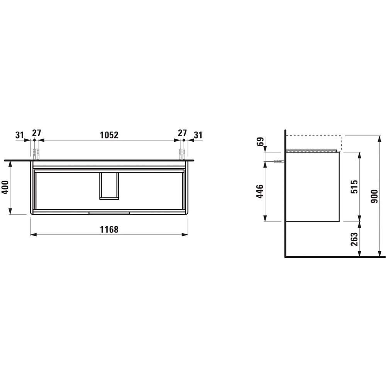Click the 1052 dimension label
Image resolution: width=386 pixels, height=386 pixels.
(x=108, y=135)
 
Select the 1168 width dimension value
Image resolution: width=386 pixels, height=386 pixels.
(x=108, y=229)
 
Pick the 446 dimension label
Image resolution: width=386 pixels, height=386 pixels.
(x=260, y=191)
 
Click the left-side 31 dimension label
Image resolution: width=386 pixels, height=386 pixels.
(x=20, y=135)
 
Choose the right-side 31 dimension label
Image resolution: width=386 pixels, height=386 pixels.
(x=198, y=135)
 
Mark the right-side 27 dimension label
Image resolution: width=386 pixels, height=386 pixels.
(x=182, y=134)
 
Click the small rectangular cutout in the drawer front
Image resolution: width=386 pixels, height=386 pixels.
(x=109, y=186)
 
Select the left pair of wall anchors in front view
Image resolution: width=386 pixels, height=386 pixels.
(x=36, y=153)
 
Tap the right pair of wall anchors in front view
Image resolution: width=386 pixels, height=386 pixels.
(x=182, y=153)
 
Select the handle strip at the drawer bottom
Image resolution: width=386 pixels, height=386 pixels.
(x=109, y=212)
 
